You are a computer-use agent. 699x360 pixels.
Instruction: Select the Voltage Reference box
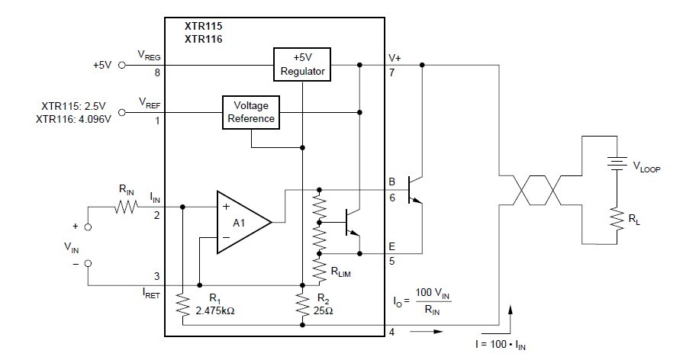point(250,112)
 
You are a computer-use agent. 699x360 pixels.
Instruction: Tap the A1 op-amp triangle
point(240,222)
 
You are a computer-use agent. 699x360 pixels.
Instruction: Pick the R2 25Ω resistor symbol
point(303,304)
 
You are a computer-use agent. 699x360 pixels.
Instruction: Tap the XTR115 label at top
point(205,24)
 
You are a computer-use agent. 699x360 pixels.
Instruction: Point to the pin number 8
point(157,74)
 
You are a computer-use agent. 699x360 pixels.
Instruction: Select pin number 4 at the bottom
point(391,332)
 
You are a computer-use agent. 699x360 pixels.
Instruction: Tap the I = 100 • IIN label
point(500,346)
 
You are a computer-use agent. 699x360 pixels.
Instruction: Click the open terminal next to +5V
point(122,66)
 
